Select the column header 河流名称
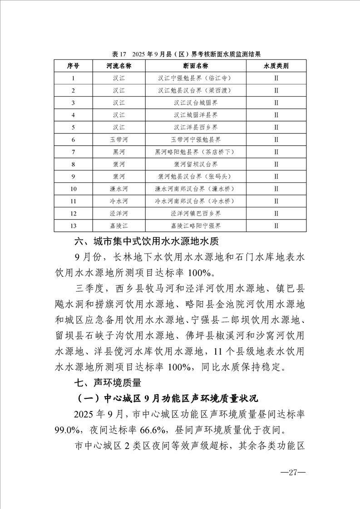coord(118,66)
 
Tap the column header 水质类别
coord(276,66)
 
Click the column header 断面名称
coord(196,66)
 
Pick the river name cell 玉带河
coord(118,140)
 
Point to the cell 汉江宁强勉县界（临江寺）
coord(196,78)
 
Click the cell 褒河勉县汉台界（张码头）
coord(196,176)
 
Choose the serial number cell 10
coord(73,189)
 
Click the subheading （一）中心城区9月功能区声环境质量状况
coord(168,399)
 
